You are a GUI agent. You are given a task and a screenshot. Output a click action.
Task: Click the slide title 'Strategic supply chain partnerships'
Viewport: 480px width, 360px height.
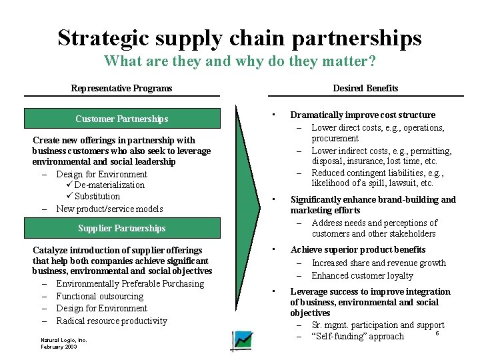239,37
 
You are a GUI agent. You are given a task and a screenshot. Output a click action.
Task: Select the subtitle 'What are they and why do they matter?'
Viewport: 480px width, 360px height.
239,62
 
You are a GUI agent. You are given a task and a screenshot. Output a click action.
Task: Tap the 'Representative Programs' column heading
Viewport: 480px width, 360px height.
121,88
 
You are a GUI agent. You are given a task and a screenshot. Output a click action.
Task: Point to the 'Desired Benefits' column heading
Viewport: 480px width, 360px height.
365,88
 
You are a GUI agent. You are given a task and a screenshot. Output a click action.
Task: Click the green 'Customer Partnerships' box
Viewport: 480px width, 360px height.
121,119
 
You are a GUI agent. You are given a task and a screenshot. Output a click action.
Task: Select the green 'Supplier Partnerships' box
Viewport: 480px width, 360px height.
121,228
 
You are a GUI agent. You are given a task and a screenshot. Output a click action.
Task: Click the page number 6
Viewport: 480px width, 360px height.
437,333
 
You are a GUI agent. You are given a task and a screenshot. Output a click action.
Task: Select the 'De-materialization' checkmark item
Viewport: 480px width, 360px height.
109,185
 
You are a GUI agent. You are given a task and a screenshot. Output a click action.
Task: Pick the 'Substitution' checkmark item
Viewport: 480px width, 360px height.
97,196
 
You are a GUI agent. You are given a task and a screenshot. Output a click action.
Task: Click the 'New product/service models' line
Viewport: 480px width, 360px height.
109,209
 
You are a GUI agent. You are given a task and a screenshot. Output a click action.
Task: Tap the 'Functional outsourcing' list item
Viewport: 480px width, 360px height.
99,296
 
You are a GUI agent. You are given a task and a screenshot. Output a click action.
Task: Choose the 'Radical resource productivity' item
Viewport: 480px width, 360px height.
111,321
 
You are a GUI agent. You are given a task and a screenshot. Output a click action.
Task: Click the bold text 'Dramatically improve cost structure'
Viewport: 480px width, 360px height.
363,115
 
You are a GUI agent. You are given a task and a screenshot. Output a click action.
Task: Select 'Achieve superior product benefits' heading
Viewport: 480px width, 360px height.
357,249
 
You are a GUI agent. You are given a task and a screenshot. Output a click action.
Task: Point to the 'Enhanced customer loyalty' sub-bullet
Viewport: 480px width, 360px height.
362,275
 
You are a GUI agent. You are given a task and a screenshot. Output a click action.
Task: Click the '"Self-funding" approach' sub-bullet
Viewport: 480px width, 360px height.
357,336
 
